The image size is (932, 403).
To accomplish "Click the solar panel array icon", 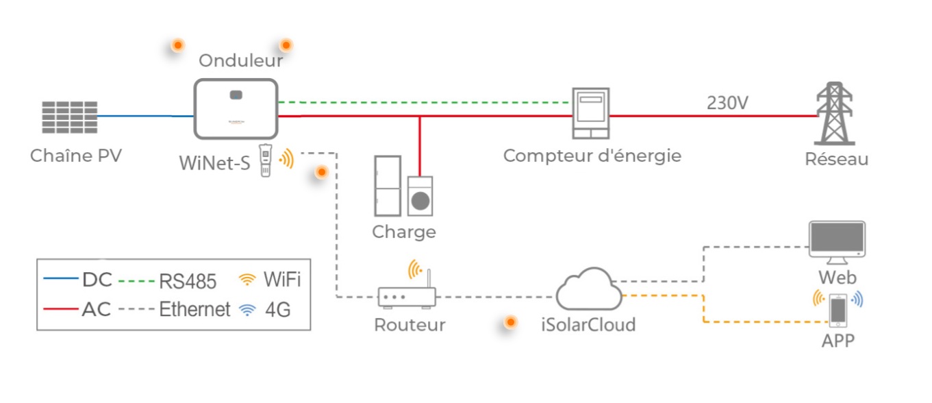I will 68,117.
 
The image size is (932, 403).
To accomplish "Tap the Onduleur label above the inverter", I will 240,61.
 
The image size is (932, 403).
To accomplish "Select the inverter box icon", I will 236,108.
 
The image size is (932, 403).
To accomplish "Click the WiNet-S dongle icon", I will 266,160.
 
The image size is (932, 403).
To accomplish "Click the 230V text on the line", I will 728,103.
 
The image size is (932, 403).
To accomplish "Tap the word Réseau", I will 837,160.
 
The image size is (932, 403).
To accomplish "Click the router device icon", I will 407,297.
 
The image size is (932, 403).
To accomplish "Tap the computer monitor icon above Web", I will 836,240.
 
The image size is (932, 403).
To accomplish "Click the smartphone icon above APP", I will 837,309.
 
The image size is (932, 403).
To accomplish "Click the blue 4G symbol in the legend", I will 247,310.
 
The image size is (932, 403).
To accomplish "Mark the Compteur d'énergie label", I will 592,156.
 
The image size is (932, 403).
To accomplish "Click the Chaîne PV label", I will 76,156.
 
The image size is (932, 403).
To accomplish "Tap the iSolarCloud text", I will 588,324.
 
